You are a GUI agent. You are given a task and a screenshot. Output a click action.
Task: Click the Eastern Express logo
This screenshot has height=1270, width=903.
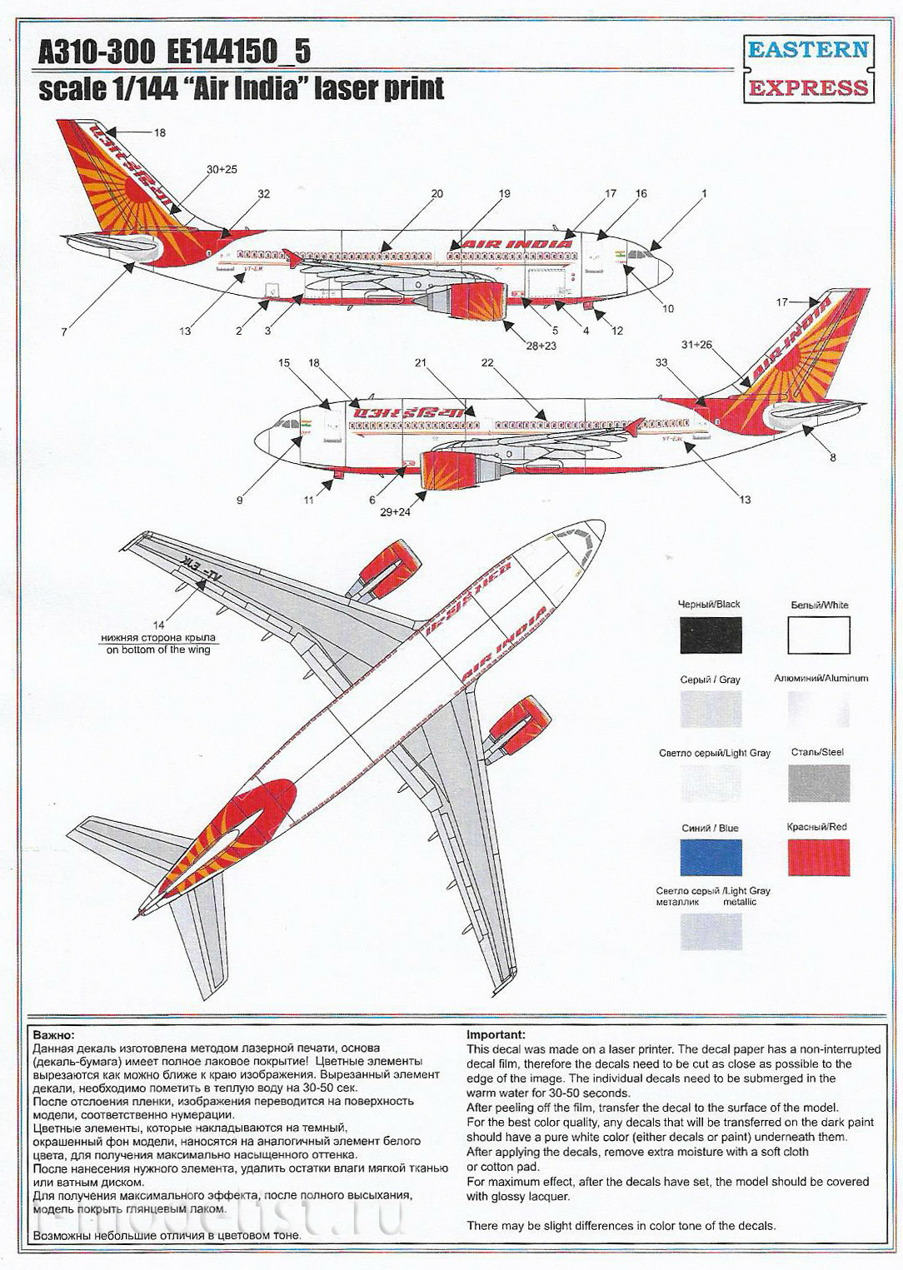click(x=807, y=68)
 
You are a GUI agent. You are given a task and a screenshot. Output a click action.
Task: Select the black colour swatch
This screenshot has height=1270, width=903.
click(x=711, y=635)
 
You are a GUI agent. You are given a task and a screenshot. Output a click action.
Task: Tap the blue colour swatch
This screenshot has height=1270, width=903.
click(x=711, y=858)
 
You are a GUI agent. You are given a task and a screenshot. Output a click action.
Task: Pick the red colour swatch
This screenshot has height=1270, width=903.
click(x=818, y=858)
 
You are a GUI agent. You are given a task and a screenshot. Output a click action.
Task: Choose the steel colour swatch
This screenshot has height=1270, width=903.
click(x=818, y=784)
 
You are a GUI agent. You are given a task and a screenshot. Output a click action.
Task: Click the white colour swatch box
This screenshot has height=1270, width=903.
click(x=818, y=635)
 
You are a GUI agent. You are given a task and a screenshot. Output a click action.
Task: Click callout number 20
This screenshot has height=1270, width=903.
click(x=437, y=194)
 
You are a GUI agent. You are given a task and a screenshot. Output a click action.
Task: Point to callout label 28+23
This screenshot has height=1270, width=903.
click(x=540, y=346)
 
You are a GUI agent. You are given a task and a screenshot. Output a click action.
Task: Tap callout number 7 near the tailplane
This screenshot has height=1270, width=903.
click(x=64, y=332)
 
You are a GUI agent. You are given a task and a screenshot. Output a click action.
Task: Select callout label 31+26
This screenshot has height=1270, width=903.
click(x=697, y=344)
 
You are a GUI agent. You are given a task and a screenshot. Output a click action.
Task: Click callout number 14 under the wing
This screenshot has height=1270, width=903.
click(x=158, y=624)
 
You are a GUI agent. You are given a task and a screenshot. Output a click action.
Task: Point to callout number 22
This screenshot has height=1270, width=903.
click(x=487, y=363)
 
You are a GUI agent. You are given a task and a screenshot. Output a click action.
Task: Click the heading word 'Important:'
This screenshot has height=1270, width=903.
click(x=496, y=1034)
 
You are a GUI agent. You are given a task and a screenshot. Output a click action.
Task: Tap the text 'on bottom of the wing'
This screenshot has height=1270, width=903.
click(x=158, y=650)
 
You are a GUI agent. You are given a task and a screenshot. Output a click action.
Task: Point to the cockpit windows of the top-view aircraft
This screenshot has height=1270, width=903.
click(x=580, y=541)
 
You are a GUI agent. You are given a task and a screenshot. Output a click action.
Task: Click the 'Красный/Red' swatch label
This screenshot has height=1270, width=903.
click(x=816, y=827)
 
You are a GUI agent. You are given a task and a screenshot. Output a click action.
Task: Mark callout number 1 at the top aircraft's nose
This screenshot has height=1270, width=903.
click(x=704, y=194)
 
